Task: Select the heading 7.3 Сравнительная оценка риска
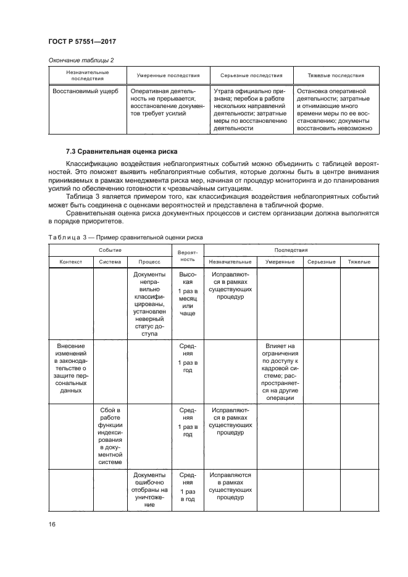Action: pyautogui.click(x=122, y=151)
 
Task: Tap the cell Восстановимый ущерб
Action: pyautogui.click(x=81, y=91)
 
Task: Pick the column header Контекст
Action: pyautogui.click(x=70, y=262)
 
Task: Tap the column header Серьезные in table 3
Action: pyautogui.click(x=321, y=262)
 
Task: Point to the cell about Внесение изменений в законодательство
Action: pyautogui.click(x=70, y=368)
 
